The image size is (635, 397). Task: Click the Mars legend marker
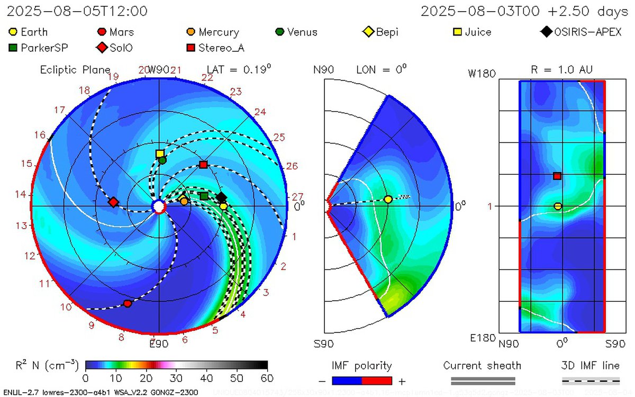[102, 32]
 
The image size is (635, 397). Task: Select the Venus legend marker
[280, 32]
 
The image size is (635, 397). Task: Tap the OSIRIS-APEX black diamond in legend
[546, 32]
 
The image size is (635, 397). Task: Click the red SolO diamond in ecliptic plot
[113, 202]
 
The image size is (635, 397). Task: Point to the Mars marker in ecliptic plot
[128, 303]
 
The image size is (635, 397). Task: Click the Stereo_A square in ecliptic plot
[203, 165]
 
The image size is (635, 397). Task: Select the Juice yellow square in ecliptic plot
[160, 154]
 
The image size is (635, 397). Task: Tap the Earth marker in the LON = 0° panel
[388, 199]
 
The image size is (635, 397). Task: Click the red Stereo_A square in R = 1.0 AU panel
[557, 176]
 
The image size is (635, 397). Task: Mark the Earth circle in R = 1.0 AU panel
[558, 206]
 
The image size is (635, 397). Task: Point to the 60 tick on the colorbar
[267, 377]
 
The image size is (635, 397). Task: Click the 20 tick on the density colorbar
[146, 377]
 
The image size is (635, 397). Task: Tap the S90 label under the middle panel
[323, 344]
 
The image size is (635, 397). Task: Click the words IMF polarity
[361, 366]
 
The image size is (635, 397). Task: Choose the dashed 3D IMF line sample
[590, 381]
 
